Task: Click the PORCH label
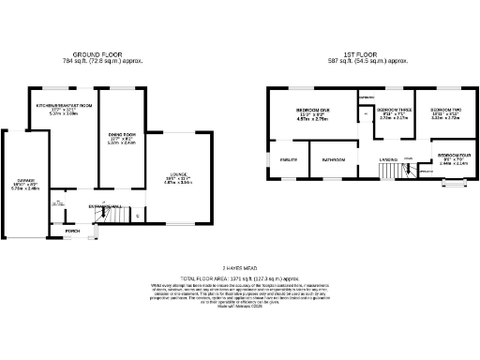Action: [72, 231]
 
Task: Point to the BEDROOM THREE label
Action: [393, 110]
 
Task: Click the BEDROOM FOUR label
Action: [448, 156]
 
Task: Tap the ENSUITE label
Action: [288, 160]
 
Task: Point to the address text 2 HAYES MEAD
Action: [240, 269]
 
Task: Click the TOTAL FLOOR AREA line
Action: [240, 279]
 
